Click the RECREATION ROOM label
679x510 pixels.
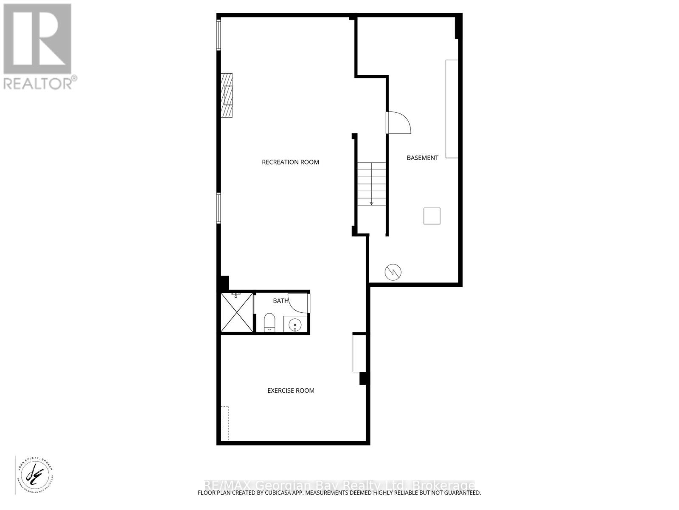coord(290,162)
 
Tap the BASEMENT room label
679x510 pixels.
coord(422,158)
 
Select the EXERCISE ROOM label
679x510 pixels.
coord(291,391)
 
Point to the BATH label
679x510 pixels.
coord(280,301)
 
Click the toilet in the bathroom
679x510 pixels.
coord(269,323)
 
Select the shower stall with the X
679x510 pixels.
coord(237,312)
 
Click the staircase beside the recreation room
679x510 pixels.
coord(371,184)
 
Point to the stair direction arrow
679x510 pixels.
coord(372,203)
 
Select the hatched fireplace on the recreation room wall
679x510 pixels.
coord(227,95)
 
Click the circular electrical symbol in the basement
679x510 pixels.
coord(393,272)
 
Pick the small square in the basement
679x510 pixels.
coord(432,216)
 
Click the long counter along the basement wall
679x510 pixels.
coord(452,109)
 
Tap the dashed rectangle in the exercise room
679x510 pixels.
coord(224,423)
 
